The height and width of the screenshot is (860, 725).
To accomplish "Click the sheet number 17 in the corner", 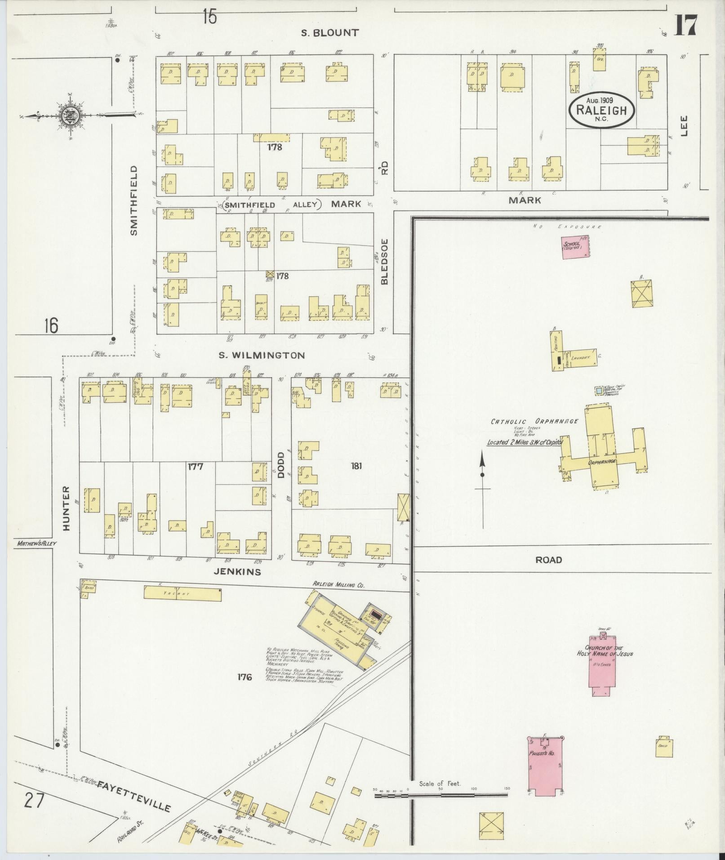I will point(685,25).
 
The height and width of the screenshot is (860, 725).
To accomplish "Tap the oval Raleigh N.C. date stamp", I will point(601,109).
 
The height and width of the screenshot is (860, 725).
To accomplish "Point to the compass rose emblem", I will point(70,114).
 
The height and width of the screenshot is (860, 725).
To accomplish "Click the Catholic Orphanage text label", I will point(534,422).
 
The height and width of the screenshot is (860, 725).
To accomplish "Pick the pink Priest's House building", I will point(546,766).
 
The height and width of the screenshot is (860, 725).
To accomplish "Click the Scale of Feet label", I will point(440,784).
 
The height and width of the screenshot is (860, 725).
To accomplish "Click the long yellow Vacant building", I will point(182,593).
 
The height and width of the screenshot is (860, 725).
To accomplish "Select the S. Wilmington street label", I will point(262,355).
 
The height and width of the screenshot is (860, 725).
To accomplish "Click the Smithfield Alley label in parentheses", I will point(270,205).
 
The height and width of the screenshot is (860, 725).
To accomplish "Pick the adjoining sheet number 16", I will point(51,325).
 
